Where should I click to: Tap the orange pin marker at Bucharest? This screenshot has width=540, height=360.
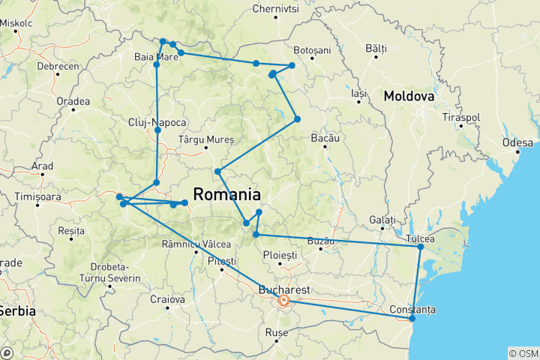point(284,301)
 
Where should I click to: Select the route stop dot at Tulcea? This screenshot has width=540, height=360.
point(421,247)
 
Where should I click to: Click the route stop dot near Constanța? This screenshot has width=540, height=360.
point(412,319)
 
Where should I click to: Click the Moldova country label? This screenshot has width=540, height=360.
point(409,97)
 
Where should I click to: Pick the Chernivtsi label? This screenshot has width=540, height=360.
point(276,9)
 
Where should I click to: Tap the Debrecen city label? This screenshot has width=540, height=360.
point(58,66)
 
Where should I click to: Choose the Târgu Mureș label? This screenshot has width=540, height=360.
point(207,139)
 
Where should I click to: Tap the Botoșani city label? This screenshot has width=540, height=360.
point(312,49)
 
